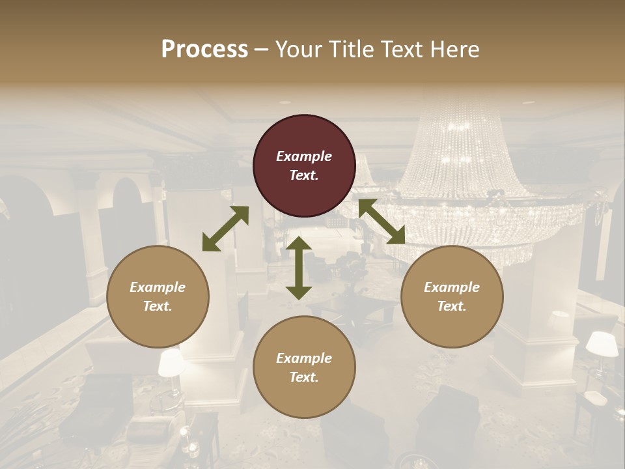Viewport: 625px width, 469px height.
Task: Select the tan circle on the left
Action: pyautogui.click(x=158, y=296)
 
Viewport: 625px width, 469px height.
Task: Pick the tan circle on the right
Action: pyautogui.click(x=452, y=296)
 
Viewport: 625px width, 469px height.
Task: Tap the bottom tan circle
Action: pyautogui.click(x=304, y=367)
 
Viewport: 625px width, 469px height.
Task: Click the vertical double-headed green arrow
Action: pyautogui.click(x=299, y=268)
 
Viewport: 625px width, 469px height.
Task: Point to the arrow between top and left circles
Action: pyautogui.click(x=225, y=229)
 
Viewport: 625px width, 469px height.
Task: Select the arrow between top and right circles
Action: pyautogui.click(x=382, y=221)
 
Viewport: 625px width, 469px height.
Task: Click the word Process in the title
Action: pyautogui.click(x=204, y=49)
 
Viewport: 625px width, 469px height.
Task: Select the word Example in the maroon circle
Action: pyautogui.click(x=304, y=156)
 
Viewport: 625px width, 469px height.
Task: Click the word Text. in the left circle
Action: pyautogui.click(x=158, y=306)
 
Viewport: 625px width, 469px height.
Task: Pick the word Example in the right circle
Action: pyautogui.click(x=452, y=287)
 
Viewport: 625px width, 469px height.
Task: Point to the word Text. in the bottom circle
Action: pyautogui.click(x=304, y=377)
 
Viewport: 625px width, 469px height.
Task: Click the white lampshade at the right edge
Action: pyautogui.click(x=602, y=344)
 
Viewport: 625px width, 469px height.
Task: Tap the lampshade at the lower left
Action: pyautogui.click(x=172, y=363)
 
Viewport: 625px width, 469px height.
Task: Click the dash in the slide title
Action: pyautogui.click(x=262, y=49)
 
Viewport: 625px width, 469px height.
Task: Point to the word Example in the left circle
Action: pyautogui.click(x=158, y=287)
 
